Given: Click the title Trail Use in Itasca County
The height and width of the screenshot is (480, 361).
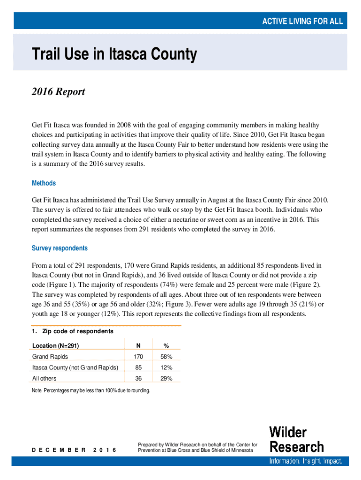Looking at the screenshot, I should coord(114,55).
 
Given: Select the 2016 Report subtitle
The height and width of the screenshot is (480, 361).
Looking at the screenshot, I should coord(58,91).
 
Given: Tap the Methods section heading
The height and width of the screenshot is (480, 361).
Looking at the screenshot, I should coord(44,183).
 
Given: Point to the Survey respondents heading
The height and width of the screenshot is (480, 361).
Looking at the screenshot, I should coord(60,248).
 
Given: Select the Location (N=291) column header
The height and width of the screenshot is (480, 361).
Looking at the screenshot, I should coord(55,346).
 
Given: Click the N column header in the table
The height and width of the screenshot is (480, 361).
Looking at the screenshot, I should coord(138,346).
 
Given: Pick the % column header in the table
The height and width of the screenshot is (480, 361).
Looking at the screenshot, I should coord(166,346).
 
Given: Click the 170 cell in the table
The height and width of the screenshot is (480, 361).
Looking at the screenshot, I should coord(138,357).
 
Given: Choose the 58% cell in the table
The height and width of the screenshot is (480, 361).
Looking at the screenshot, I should coord(166,357).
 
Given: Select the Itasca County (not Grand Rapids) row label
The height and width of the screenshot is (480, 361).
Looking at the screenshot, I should coord(75,367).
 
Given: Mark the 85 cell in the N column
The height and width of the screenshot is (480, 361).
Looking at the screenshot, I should coord(138,367).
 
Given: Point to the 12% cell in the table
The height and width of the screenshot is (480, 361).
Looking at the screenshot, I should coord(166,367).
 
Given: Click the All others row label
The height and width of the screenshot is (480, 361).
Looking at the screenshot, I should coord(44,378).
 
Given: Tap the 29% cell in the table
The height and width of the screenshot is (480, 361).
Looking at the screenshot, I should coord(166,378).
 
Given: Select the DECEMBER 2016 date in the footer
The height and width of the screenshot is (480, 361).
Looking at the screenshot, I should coord(74,450).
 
